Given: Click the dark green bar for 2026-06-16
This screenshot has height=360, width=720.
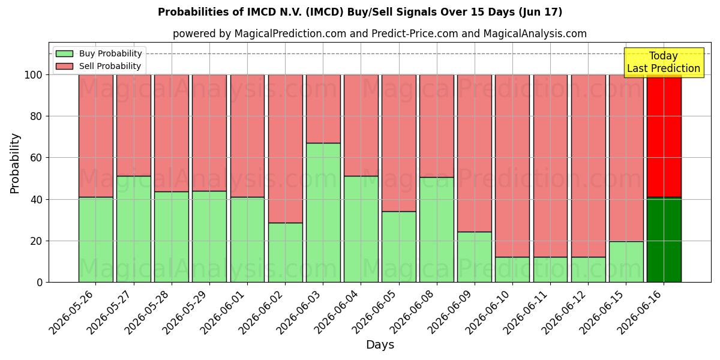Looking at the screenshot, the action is pos(664,240).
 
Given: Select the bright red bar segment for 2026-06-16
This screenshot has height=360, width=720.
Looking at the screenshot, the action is pos(664,136).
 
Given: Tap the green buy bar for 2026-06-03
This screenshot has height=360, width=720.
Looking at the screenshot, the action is pos(323,213).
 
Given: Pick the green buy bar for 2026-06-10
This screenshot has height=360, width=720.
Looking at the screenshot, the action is pos(512,269).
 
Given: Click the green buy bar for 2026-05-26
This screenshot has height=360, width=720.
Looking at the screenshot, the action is pos(96,240).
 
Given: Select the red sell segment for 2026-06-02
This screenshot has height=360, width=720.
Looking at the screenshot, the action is pos(286,149).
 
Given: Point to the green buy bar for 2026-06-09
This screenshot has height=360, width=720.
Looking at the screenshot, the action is pos(475,257).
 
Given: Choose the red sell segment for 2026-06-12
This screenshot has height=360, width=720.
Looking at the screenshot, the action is pos(588,166).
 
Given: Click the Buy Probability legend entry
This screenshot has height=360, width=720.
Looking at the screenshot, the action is pos(98,53).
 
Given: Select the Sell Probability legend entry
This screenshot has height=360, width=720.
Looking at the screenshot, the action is pos(98,66).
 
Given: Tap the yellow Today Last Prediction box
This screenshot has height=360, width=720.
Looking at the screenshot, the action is pos(664,62).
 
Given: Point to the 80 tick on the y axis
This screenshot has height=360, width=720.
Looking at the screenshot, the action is pos(36,116).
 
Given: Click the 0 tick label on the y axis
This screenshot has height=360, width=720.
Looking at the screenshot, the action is pos(40,283).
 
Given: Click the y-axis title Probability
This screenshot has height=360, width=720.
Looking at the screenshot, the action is pos(15,163).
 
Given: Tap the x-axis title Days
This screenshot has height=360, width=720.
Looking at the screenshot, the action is pos(380,345).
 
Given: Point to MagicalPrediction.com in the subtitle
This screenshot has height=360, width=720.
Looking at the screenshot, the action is pos(290,34).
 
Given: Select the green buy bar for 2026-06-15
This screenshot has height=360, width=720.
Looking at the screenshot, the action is pos(626,262).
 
